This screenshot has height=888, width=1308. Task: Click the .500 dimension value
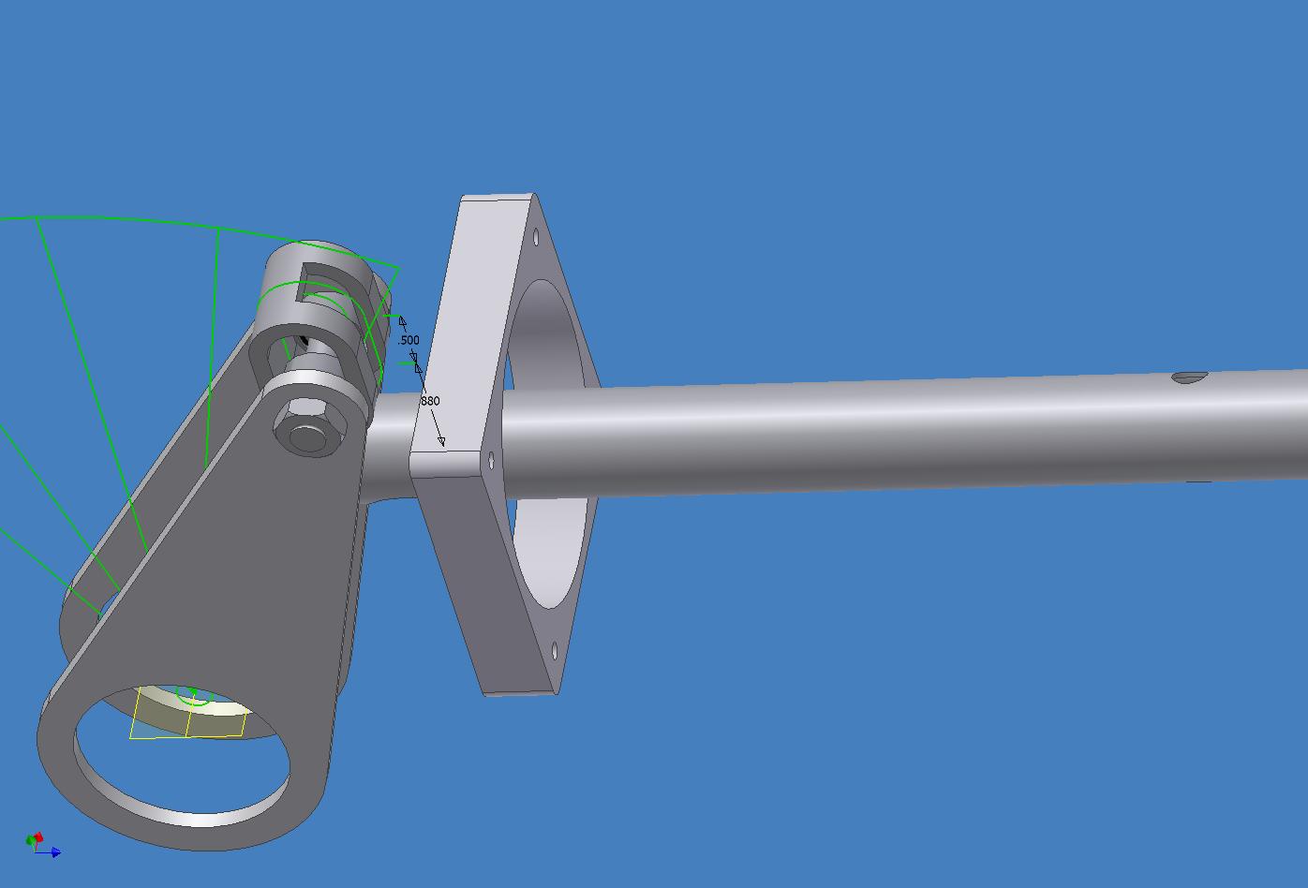(x=409, y=340)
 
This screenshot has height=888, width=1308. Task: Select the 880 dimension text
(x=430, y=401)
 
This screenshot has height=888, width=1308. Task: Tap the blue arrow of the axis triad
(x=49, y=852)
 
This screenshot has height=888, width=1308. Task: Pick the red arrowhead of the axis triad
(x=38, y=837)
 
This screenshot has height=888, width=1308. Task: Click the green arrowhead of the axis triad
(x=30, y=841)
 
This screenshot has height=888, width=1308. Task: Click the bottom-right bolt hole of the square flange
(x=554, y=651)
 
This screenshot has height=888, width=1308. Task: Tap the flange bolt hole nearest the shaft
(x=491, y=461)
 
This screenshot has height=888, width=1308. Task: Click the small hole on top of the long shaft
(x=1190, y=377)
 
